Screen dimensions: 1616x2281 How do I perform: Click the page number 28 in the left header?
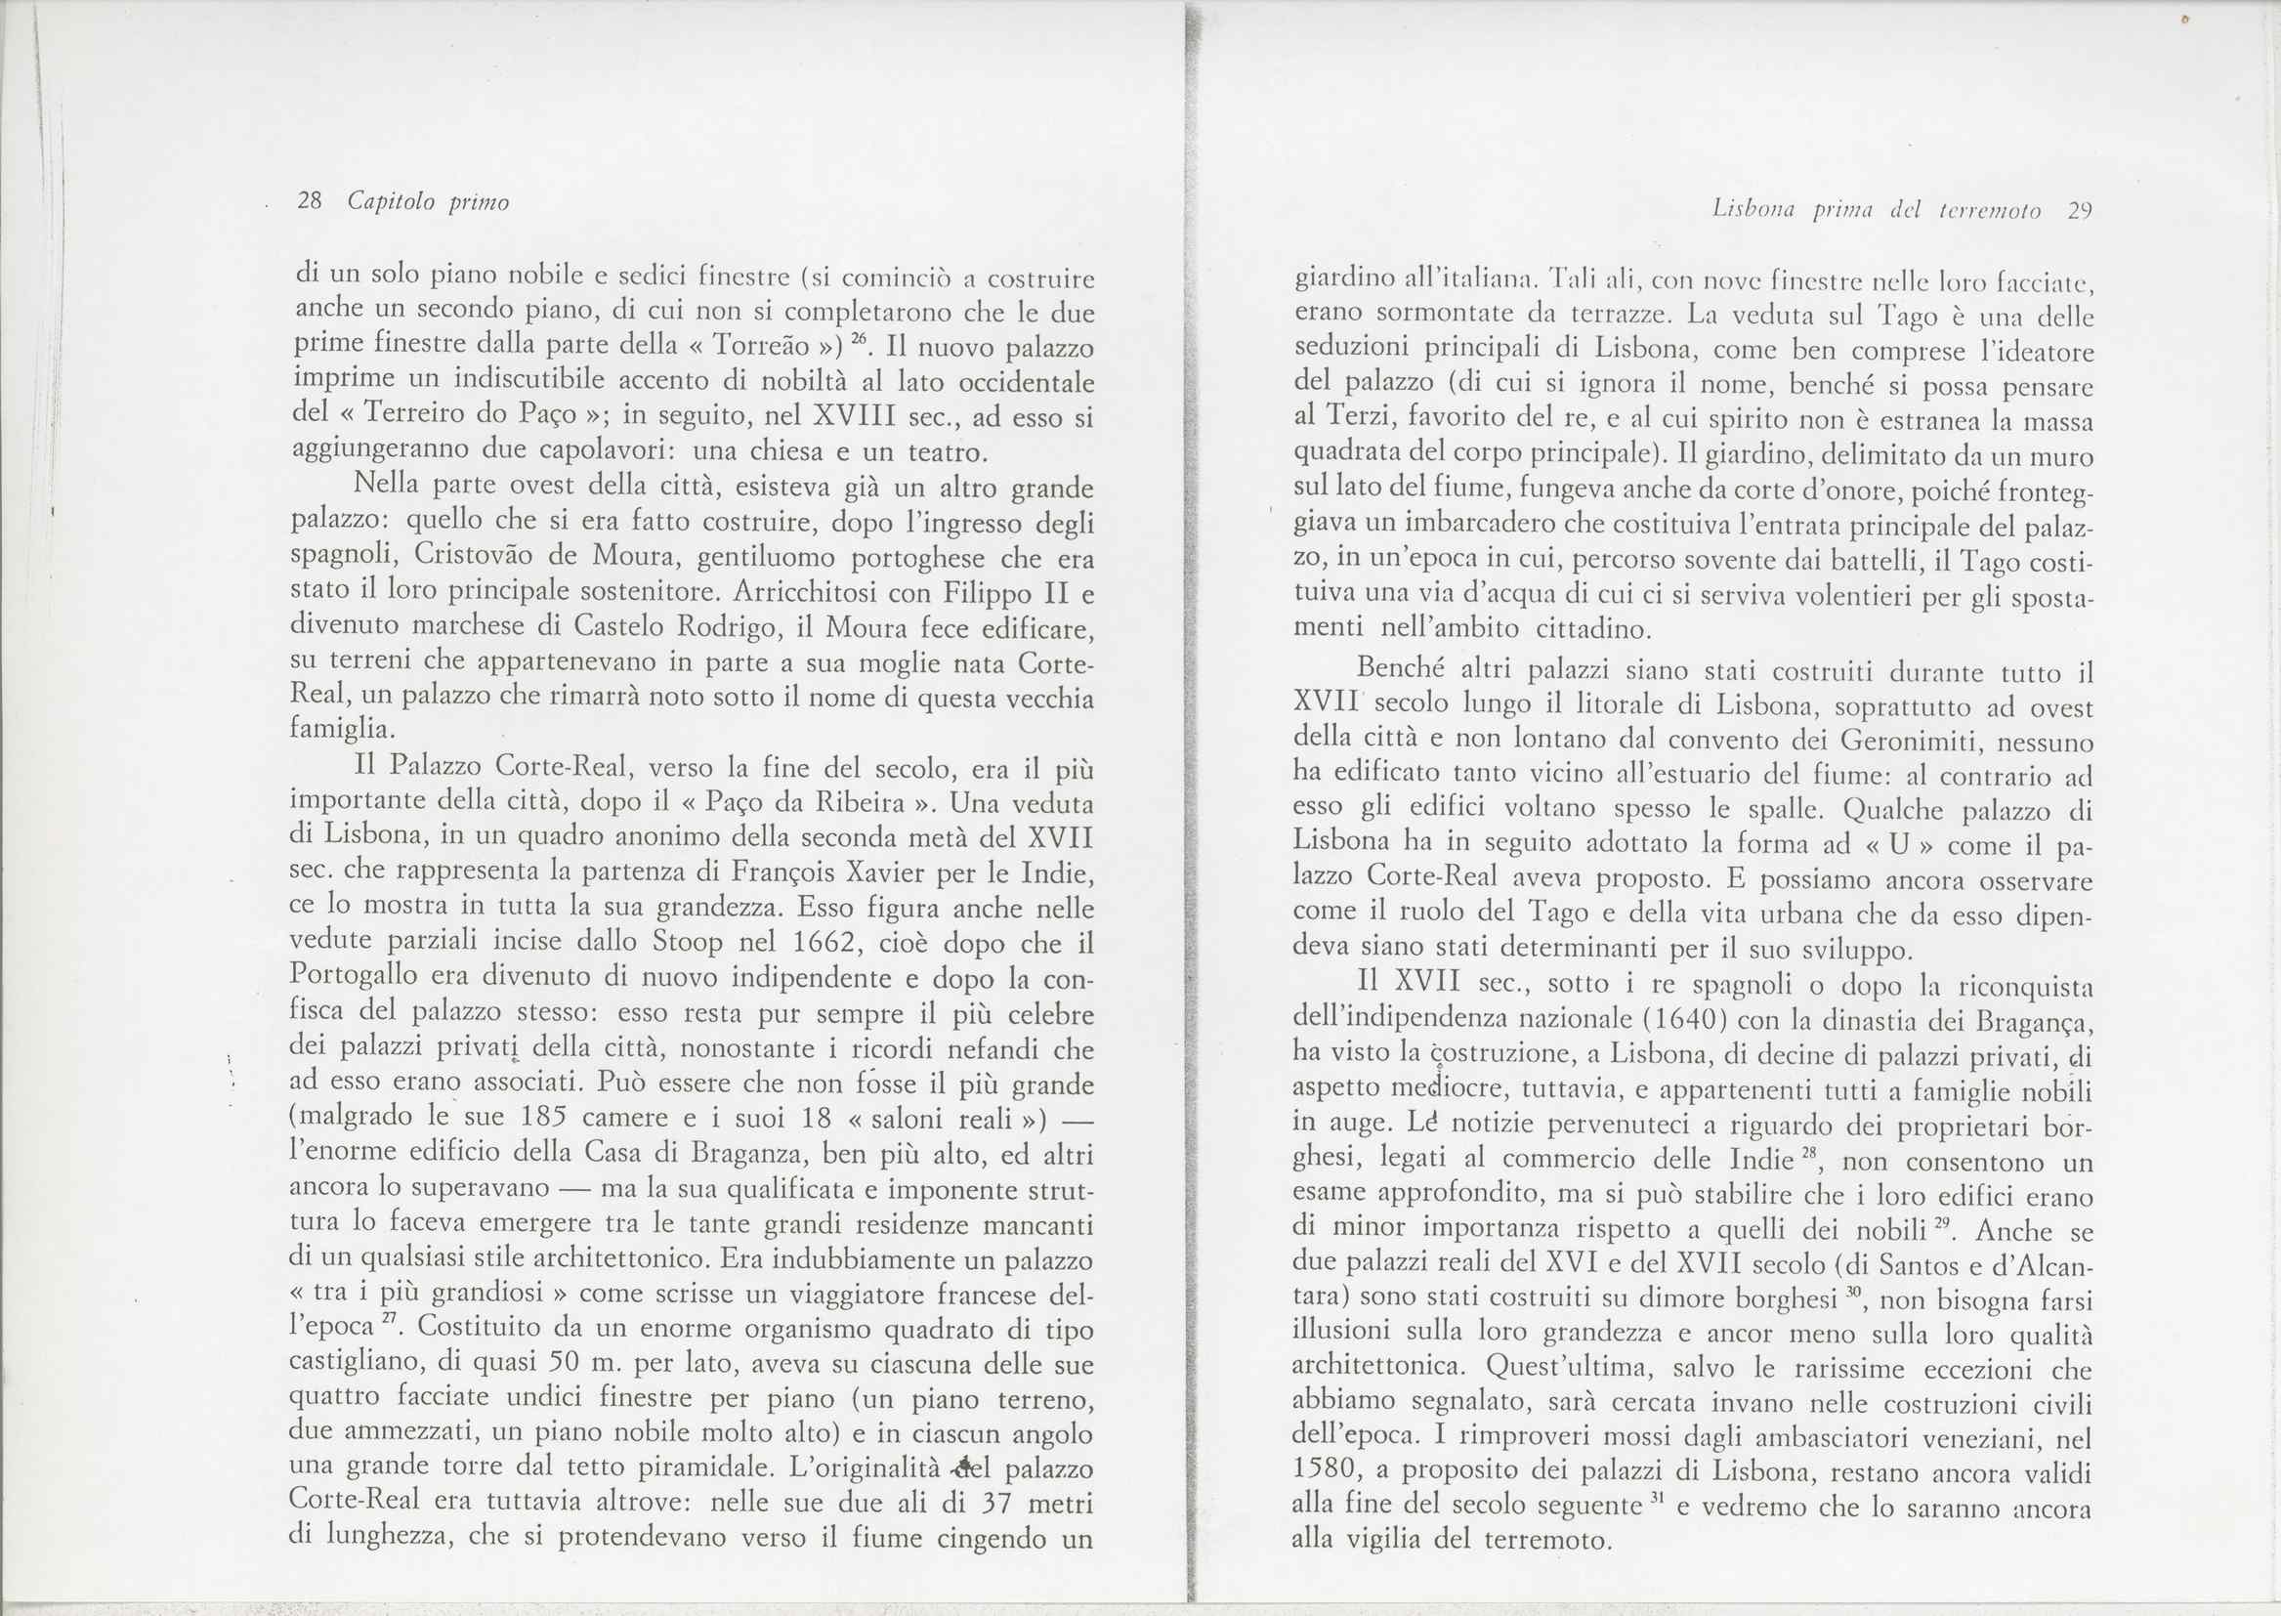tap(311, 202)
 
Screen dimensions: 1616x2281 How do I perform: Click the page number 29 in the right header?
tap(2079, 211)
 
